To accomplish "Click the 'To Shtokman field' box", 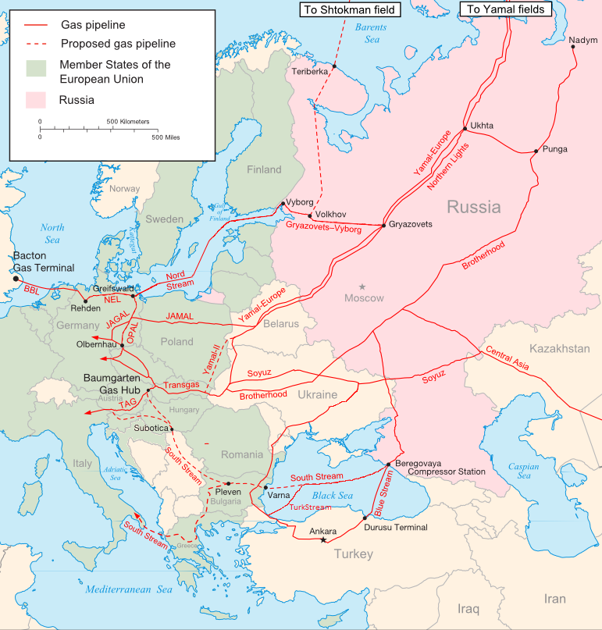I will pyautogui.click(x=349, y=9).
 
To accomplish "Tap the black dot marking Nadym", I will pyautogui.click(x=573, y=47).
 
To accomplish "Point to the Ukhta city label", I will pyautogui.click(x=482, y=125).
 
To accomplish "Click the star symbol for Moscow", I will pyautogui.click(x=362, y=287).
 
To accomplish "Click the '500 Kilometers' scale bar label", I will pyautogui.click(x=128, y=122).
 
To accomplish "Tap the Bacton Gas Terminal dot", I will pyautogui.click(x=14, y=276).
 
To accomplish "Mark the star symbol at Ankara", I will pyautogui.click(x=323, y=540).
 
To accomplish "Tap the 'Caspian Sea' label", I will pyautogui.click(x=524, y=472).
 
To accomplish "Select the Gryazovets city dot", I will pyautogui.click(x=383, y=226).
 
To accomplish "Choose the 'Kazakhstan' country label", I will pyautogui.click(x=559, y=348).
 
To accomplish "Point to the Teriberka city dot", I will pyautogui.click(x=334, y=66).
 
